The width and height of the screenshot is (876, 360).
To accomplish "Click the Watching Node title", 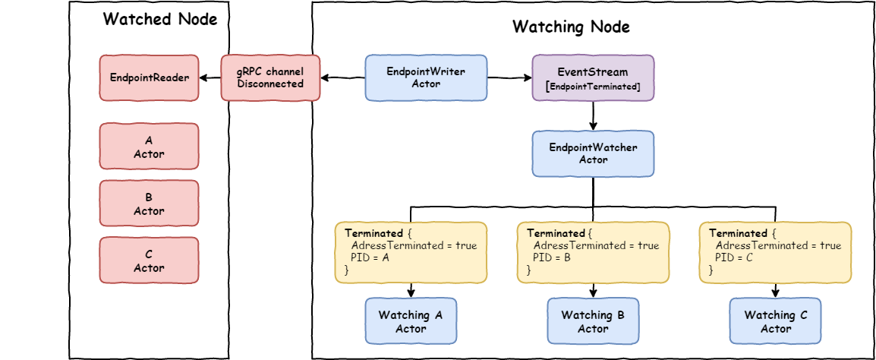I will (571, 27).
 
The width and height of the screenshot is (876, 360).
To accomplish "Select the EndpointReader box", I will (149, 77).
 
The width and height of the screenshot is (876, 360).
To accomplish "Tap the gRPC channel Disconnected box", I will (270, 77).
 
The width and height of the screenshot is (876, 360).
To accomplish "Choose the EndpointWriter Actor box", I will (426, 77).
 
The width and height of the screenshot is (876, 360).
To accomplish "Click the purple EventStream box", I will (593, 77).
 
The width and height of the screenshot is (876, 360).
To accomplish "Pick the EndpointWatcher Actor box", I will (593, 153).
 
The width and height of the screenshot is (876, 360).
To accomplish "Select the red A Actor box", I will (149, 147).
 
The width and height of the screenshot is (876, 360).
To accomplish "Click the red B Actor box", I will (149, 204).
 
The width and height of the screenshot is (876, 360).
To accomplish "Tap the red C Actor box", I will (149, 261).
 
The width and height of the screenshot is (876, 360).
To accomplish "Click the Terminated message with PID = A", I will (411, 252).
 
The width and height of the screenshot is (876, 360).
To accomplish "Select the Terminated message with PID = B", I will (593, 252).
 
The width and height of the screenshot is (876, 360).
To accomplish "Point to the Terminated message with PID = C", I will (775, 252).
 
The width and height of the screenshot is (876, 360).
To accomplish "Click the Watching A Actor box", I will (411, 321).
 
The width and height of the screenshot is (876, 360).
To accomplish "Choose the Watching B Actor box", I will (593, 321).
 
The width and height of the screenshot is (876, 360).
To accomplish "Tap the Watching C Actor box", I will (775, 321).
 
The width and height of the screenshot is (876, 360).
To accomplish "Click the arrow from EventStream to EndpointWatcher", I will (593, 115).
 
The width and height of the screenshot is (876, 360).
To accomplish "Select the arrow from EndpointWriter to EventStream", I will (509, 77).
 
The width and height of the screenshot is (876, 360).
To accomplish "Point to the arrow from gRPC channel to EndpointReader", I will (210, 77).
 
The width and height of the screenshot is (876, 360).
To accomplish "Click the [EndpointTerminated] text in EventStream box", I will (593, 87).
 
